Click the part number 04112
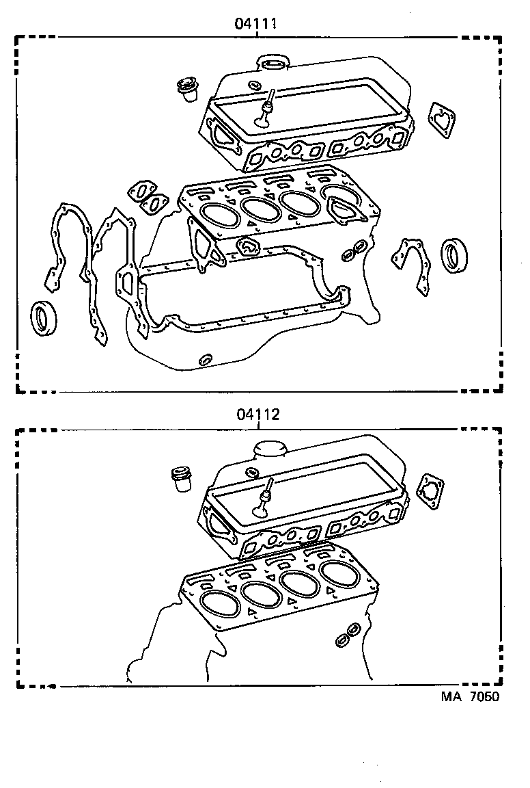tap(258, 415)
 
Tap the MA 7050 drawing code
tap(469, 697)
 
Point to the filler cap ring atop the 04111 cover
tap(273, 64)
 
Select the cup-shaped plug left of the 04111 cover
tap(185, 90)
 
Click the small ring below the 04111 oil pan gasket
tap(204, 359)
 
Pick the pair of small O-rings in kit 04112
tap(347, 634)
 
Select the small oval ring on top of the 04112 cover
tap(251, 472)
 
